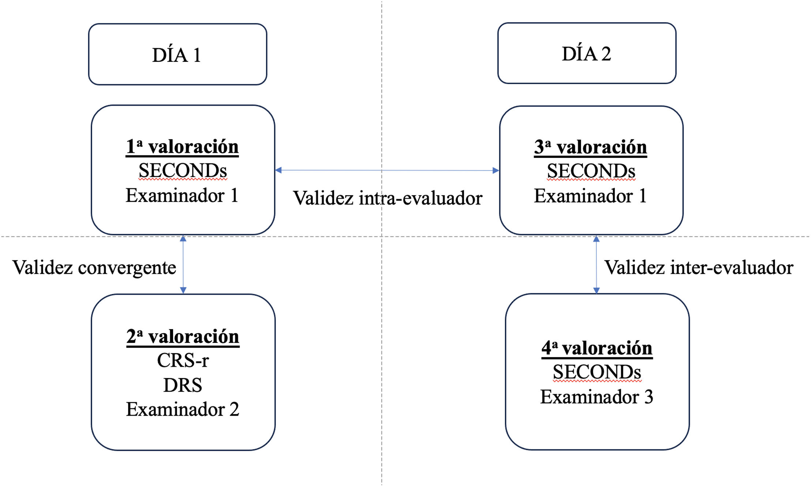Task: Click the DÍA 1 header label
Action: pyautogui.click(x=176, y=55)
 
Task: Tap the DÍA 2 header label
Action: pyautogui.click(x=586, y=54)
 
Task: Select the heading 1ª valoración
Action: pyautogui.click(x=182, y=147)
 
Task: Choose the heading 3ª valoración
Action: pyautogui.click(x=590, y=147)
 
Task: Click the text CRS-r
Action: pyautogui.click(x=183, y=360)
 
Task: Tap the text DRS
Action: pyautogui.click(x=183, y=385)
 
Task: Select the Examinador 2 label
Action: pyautogui.click(x=183, y=409)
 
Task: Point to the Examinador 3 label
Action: pyautogui.click(x=597, y=397)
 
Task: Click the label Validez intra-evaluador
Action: pyautogui.click(x=388, y=198)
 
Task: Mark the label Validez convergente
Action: pyautogui.click(x=94, y=268)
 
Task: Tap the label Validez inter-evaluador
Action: pyautogui.click(x=699, y=268)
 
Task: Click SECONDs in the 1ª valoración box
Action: pyautogui.click(x=183, y=171)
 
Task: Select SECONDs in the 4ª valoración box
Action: pyautogui.click(x=597, y=372)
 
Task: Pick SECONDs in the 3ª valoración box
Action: pyautogui.click(x=591, y=171)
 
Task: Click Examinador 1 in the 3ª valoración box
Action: pyautogui.click(x=590, y=196)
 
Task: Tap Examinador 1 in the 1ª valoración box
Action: pyautogui.click(x=182, y=195)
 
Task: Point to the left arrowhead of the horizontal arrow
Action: pyautogui.click(x=278, y=170)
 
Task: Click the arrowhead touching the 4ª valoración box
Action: pyautogui.click(x=596, y=291)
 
